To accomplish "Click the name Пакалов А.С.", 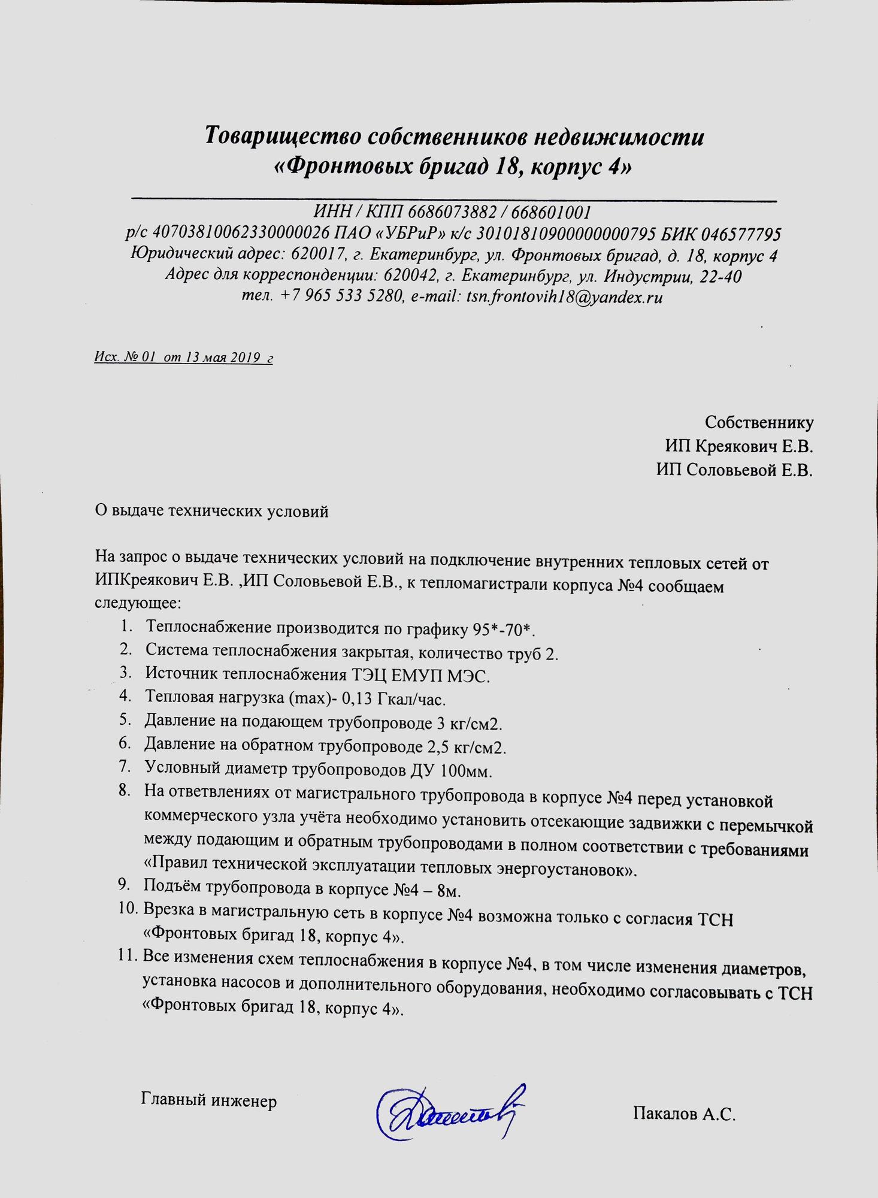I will point(684,1114).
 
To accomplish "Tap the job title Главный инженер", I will point(208,1100).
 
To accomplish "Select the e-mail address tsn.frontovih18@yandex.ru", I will point(564,297).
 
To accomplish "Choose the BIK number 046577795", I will point(741,233).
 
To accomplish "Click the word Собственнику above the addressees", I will point(759,422).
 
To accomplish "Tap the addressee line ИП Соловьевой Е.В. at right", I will point(734,470).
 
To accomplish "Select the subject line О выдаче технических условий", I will point(212,512).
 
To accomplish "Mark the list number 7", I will point(125,766).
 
